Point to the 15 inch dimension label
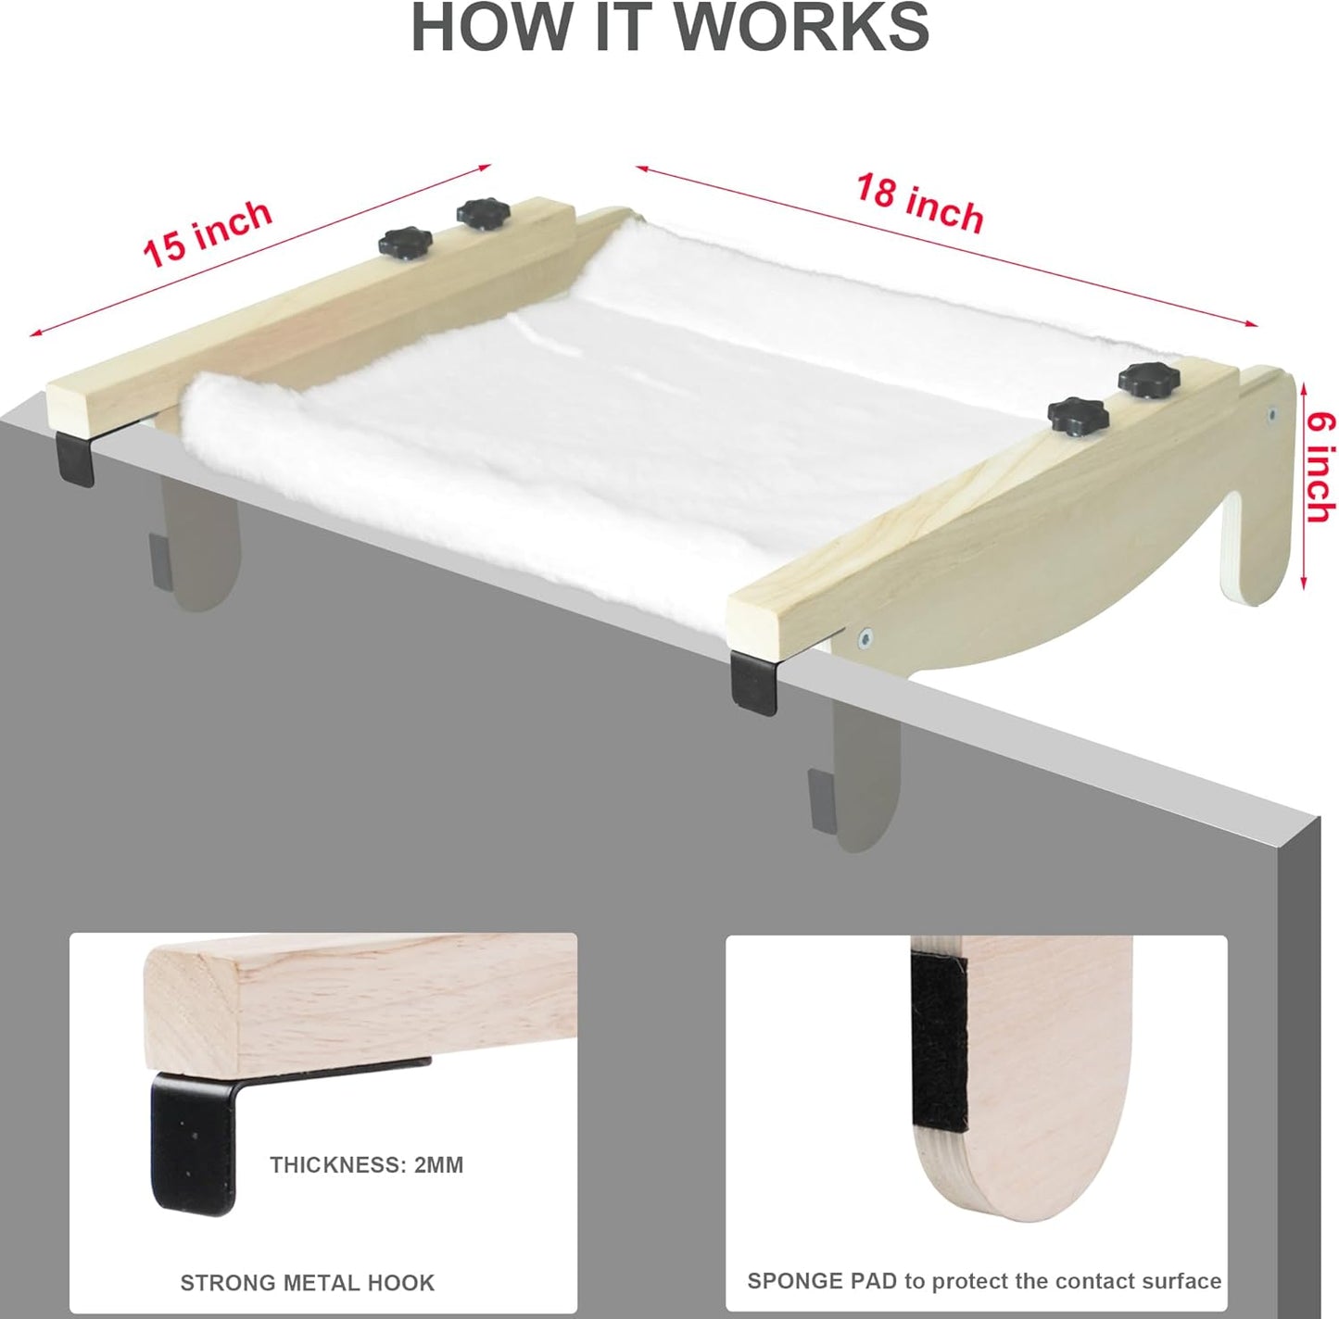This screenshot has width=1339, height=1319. point(208,232)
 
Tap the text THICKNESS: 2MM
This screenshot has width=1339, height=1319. point(367,1164)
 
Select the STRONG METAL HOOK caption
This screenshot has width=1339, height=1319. point(307,1283)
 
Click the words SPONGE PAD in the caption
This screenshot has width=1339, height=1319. point(822,1281)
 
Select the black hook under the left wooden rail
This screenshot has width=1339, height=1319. point(75,459)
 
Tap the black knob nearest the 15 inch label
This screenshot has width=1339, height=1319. point(405,244)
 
